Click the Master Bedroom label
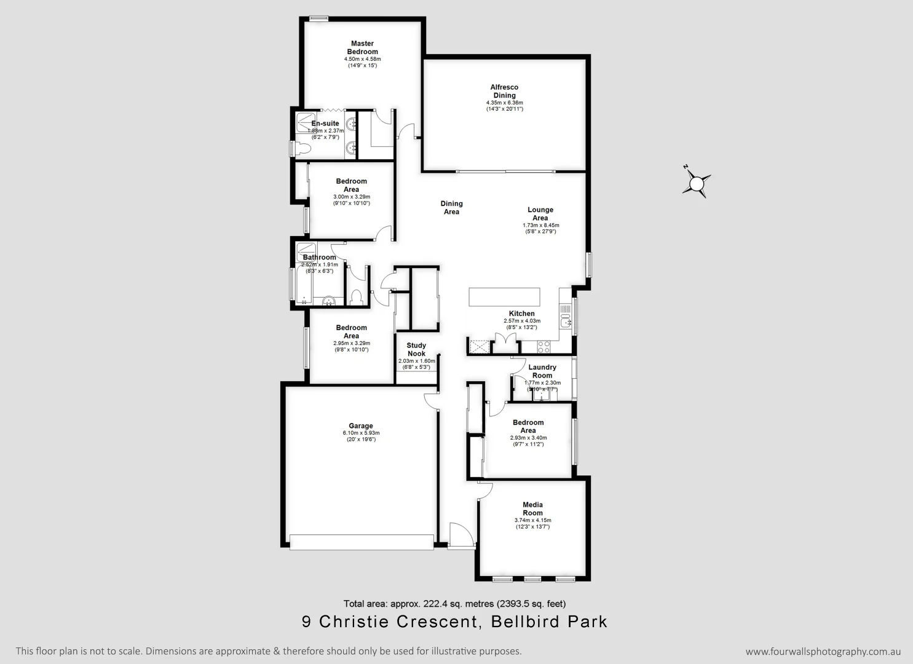click(x=362, y=48)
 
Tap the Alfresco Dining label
click(x=504, y=92)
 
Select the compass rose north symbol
click(x=697, y=183)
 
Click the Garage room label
click(x=361, y=426)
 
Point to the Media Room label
click(x=532, y=509)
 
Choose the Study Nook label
click(x=416, y=349)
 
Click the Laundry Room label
click(x=542, y=371)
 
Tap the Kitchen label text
click(x=521, y=314)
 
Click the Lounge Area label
click(x=540, y=214)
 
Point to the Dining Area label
click(x=451, y=208)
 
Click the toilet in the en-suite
click(x=304, y=148)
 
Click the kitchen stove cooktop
click(x=543, y=347)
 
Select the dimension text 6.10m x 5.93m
click(x=361, y=433)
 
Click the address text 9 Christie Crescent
click(x=390, y=622)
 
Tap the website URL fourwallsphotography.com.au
click(x=823, y=652)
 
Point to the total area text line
click(x=454, y=604)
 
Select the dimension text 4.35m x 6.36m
click(x=504, y=103)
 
